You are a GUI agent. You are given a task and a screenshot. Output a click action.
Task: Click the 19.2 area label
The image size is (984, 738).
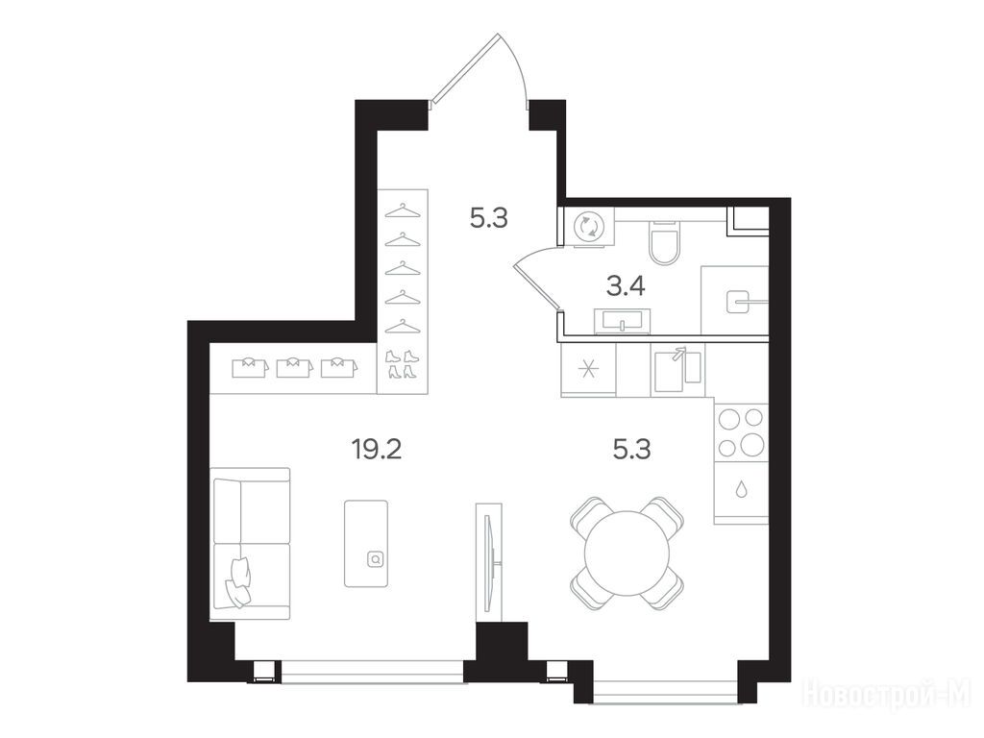(x=376, y=450)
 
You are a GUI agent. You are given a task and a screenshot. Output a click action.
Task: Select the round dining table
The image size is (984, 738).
(x=627, y=553)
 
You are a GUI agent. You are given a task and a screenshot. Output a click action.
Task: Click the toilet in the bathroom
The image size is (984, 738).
(x=664, y=242)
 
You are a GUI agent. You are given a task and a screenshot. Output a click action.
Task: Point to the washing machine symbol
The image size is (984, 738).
(x=590, y=226)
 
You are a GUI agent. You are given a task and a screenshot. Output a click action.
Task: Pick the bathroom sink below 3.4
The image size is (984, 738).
(x=622, y=321)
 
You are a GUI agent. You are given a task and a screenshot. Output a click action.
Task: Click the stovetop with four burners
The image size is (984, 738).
(x=741, y=432)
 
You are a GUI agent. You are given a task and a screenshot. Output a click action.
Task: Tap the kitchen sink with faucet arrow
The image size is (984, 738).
(x=677, y=369)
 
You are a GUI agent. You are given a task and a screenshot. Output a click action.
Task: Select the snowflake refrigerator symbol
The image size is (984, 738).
(x=589, y=368)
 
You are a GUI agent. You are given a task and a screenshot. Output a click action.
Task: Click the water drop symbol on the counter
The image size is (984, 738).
(x=742, y=489)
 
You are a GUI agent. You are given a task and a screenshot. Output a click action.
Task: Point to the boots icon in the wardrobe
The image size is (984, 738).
(x=402, y=364)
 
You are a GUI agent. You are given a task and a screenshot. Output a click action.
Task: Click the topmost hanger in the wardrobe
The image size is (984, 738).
(x=403, y=210)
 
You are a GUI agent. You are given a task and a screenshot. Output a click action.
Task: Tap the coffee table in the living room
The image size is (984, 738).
(x=366, y=544)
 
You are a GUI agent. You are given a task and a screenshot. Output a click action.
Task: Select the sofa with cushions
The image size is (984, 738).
(x=251, y=544)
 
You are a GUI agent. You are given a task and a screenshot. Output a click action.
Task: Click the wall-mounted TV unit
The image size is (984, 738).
(x=489, y=557)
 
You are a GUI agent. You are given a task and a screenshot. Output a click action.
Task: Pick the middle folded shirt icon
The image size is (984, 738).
(x=295, y=367)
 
